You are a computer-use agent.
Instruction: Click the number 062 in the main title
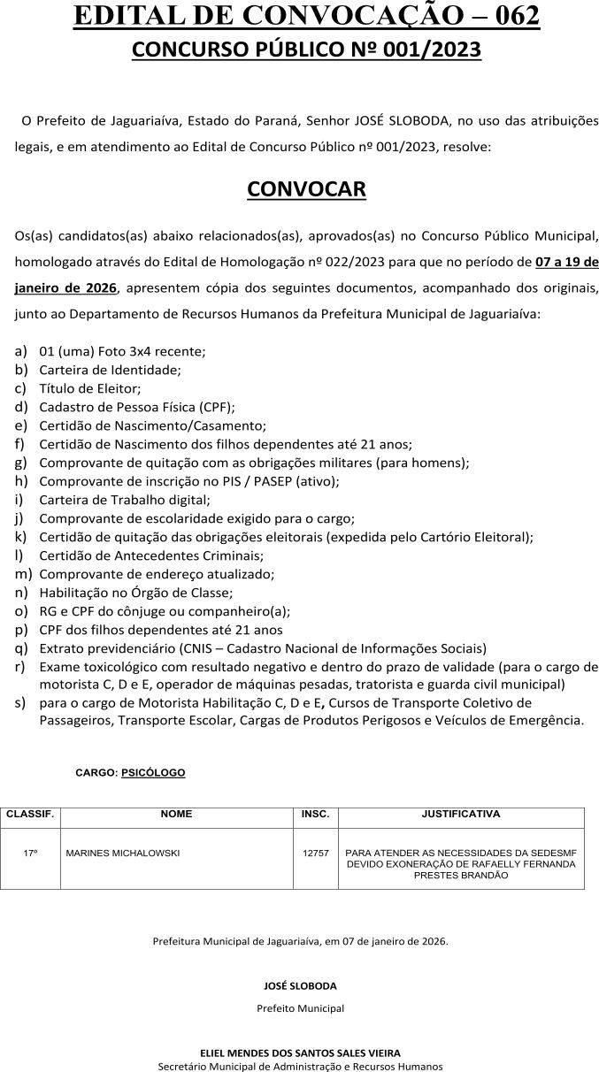508,15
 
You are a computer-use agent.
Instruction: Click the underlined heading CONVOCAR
306,188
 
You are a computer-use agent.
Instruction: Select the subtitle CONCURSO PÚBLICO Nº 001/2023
306,50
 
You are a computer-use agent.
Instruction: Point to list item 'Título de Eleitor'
90,387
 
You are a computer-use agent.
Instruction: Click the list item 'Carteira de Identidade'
110,369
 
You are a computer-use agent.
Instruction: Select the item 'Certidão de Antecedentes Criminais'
150,555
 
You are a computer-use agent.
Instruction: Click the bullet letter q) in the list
20,647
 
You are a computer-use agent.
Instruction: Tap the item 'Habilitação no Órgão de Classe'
136,593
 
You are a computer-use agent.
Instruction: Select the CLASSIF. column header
30,814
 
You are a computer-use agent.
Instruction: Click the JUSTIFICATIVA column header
461,814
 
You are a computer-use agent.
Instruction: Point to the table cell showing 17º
30,854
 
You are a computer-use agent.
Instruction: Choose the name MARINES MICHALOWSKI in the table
123,854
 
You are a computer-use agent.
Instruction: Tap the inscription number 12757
315,854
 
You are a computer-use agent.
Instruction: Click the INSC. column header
315,814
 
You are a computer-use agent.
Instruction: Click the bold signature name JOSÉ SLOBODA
300,985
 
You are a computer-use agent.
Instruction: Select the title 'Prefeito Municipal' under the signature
300,1007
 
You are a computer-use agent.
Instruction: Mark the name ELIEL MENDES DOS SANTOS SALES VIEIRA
300,1053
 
